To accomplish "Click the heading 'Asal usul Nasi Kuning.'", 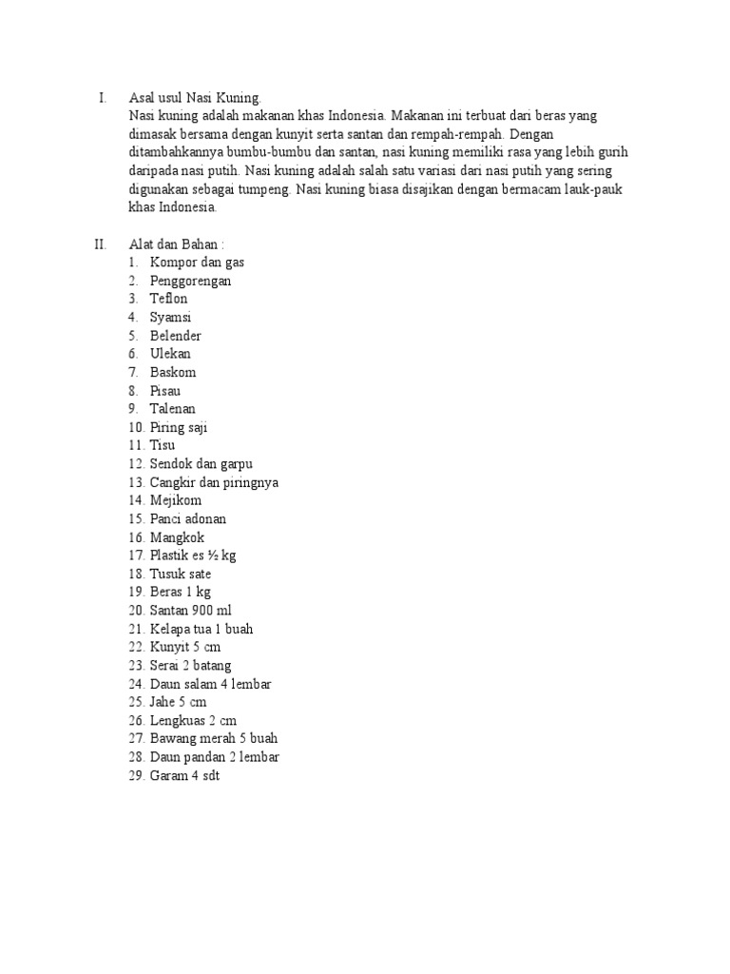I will tap(195, 97).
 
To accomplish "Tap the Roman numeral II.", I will tap(102, 243).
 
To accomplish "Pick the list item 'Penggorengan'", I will tap(190, 281).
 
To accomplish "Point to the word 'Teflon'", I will tap(169, 299).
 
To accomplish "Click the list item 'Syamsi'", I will tap(170, 318).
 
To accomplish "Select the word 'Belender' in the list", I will tap(175, 336).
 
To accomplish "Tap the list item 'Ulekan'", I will tap(170, 354).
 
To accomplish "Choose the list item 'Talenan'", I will tap(173, 409).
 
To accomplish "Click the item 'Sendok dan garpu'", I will tap(202, 464).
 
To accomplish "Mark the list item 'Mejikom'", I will tap(176, 500).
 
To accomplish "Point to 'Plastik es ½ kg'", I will tap(193, 555).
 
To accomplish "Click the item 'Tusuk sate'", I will tap(181, 575).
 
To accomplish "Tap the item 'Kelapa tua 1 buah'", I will tap(202, 630).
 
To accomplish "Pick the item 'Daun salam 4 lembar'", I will tap(211, 684).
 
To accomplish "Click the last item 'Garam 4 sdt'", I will tap(184, 776).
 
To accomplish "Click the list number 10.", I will tap(136, 428).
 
